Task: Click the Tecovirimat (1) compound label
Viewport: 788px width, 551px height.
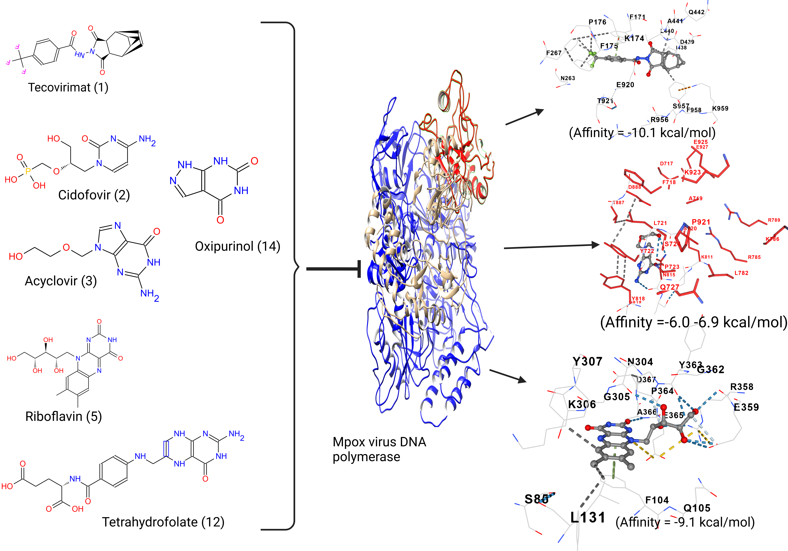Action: tap(68, 87)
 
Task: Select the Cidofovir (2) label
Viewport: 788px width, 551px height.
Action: tap(94, 195)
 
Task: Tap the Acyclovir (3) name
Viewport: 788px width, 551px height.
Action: tap(61, 281)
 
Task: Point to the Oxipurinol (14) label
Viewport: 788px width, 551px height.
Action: tap(237, 246)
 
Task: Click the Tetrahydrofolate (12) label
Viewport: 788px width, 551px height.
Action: tap(163, 522)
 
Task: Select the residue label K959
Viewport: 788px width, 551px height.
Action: tap(720, 108)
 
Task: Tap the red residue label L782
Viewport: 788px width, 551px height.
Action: tap(741, 273)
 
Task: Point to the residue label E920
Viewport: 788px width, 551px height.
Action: tap(625, 85)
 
